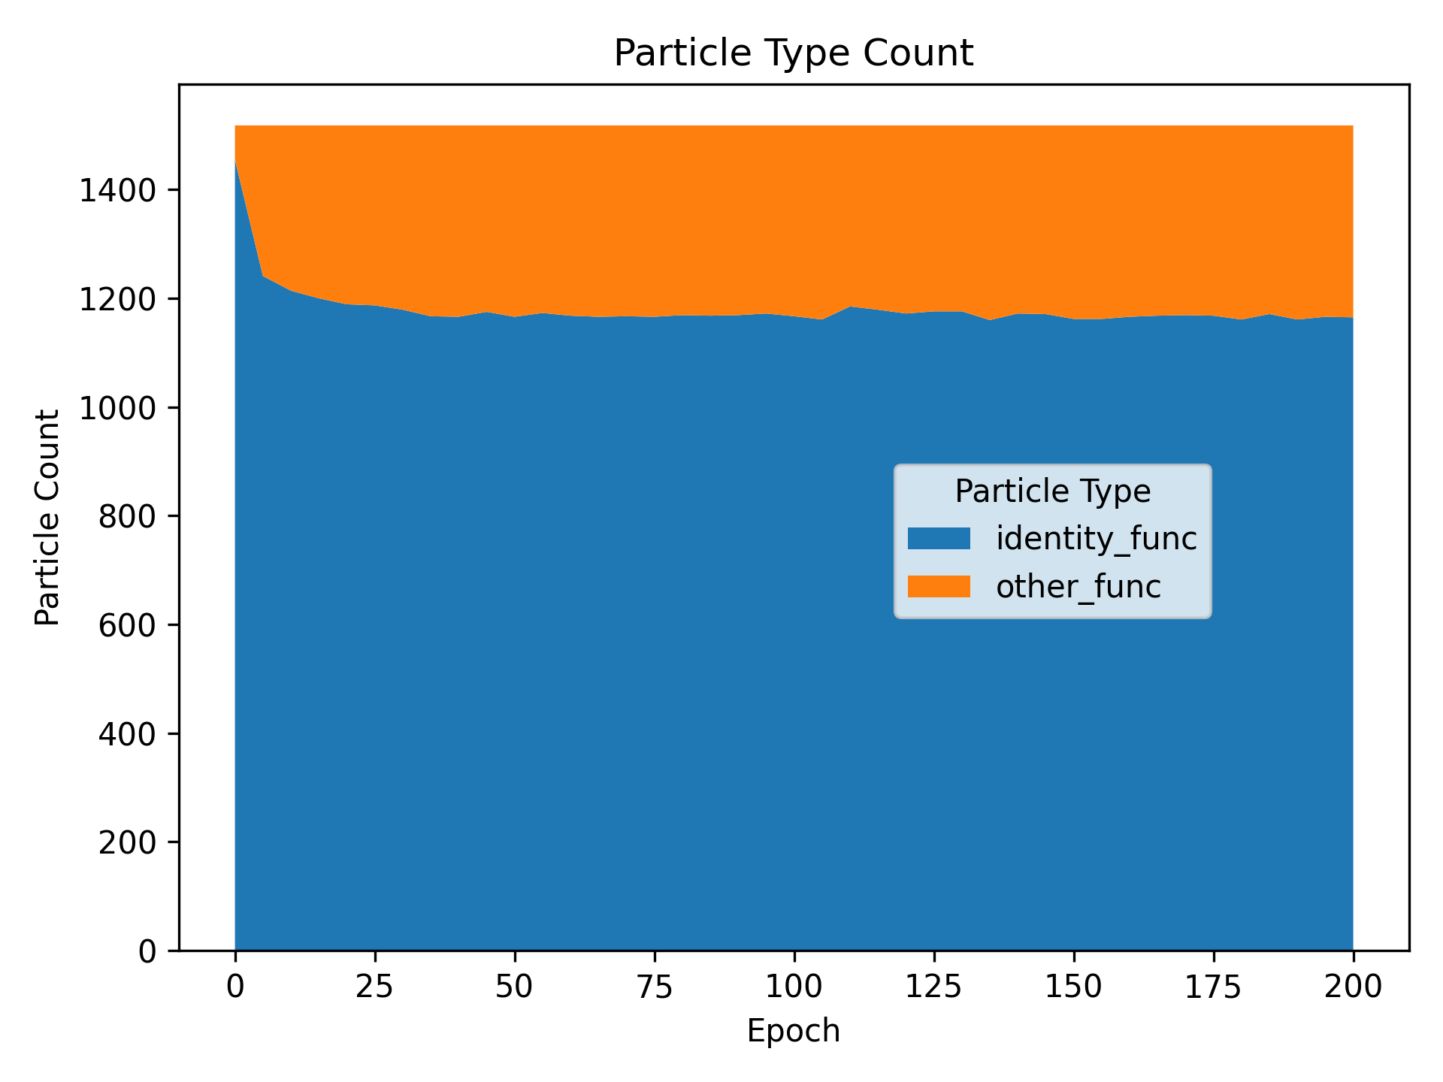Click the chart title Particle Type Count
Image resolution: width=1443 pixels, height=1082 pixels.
793,54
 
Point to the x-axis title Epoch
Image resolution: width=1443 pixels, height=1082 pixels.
793,1031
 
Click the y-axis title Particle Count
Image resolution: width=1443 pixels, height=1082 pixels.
48,517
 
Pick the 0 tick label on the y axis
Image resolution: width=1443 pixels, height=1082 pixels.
147,951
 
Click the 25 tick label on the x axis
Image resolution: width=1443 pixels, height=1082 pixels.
375,987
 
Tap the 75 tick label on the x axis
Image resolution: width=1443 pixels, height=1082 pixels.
655,987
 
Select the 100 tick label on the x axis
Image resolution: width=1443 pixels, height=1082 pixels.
794,987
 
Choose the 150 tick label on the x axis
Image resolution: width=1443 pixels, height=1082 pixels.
1073,987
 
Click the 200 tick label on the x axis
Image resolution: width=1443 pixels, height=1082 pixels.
1353,987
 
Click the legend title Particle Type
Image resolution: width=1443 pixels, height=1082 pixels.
1052,491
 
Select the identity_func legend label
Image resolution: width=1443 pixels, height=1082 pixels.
1096,539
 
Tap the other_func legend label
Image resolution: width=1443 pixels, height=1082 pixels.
1078,587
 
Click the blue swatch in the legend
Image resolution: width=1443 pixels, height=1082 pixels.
939,539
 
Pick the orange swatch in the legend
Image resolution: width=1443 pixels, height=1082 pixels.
939,587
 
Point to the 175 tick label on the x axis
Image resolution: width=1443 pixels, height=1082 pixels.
1213,987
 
